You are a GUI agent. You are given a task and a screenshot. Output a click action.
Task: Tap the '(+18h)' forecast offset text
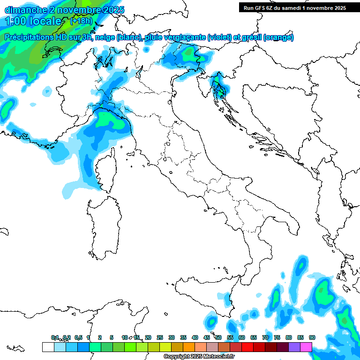click(81, 21)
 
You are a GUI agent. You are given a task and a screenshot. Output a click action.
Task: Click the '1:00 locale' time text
click(34, 21)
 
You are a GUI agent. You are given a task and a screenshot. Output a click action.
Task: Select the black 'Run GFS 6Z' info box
click(295, 7)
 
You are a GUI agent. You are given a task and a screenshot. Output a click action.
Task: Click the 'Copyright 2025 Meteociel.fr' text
click(199, 357)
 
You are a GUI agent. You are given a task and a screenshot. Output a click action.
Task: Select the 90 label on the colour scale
click(312, 337)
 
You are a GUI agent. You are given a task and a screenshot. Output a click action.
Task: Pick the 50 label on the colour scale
click(218, 337)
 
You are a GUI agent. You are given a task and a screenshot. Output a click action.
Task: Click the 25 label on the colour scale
click(160, 337)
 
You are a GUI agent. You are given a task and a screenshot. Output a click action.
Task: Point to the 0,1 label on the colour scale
click(55, 337)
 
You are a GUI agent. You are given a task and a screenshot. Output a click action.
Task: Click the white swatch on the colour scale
click(48, 347)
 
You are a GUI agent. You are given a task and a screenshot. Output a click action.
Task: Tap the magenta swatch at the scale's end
click(306, 347)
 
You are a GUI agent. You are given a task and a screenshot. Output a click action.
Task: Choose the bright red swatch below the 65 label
click(247, 347)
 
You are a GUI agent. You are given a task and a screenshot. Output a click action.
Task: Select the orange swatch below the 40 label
click(189, 347)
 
